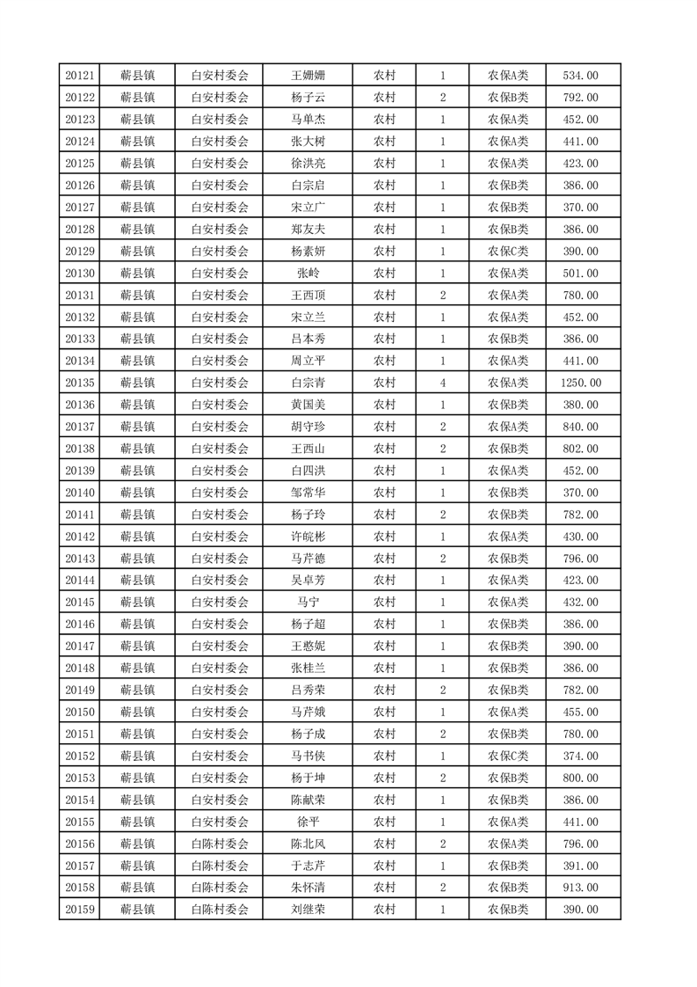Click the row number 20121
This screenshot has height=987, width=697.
80,76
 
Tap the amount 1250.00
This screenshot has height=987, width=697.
582,383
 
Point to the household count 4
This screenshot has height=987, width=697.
442,383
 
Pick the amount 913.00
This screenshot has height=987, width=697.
582,888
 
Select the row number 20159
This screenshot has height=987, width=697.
80,910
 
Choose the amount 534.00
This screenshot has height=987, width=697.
582,76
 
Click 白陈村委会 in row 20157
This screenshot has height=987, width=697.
220,866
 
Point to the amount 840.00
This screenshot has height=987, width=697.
582,427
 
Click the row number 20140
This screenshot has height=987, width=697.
80,493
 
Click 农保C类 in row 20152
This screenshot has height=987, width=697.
508,756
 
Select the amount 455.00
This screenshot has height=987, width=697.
582,712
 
